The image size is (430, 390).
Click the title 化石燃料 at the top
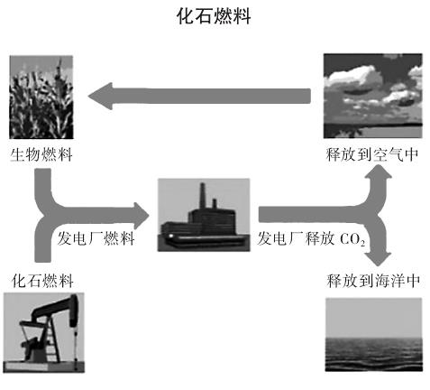click(x=214, y=16)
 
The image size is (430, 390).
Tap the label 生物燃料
click(x=41, y=155)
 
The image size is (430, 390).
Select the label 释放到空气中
click(x=372, y=154)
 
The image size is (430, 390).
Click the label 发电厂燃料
click(x=96, y=238)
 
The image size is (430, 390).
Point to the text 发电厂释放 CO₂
click(x=311, y=239)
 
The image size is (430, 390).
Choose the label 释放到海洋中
click(x=373, y=281)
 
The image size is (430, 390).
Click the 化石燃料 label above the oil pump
click(x=42, y=281)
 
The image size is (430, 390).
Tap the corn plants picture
click(x=41, y=97)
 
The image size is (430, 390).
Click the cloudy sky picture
click(x=372, y=96)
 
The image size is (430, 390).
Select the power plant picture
click(x=204, y=215)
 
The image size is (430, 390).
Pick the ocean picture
click(x=374, y=334)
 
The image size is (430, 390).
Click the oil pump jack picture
click(x=44, y=332)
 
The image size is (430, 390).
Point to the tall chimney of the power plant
click(x=203, y=195)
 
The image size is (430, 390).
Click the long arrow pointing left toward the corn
click(x=199, y=96)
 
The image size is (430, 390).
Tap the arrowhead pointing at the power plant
click(x=142, y=216)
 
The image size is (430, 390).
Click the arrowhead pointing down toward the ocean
click(x=378, y=259)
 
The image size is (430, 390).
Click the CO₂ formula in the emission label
click(x=352, y=240)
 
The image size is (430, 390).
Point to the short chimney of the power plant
click(x=215, y=204)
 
